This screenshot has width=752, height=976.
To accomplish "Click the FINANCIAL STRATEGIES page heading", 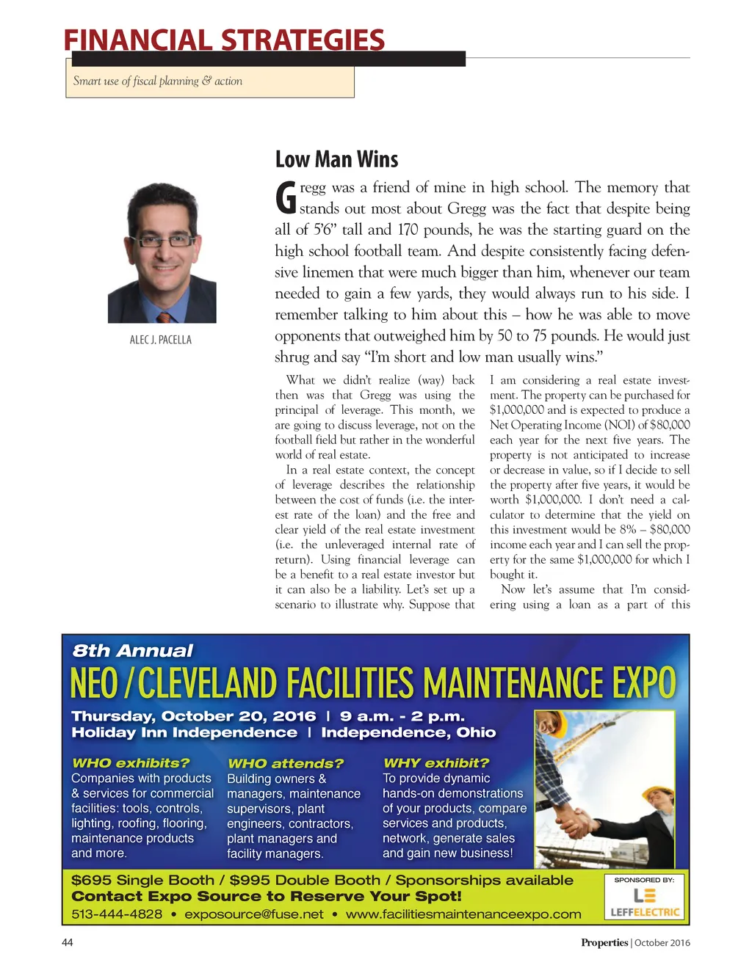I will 224,40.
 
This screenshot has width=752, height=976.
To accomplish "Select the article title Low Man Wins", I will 336,159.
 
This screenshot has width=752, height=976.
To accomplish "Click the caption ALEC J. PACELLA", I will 161,340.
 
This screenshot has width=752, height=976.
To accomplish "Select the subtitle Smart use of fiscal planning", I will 157,81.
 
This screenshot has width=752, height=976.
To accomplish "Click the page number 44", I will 68,942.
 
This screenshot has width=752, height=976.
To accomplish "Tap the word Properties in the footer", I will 604,942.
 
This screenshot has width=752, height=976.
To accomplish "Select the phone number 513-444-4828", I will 117,914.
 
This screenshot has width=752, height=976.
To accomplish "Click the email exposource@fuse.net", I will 254,914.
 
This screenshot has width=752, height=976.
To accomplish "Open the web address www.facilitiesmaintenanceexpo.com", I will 463,914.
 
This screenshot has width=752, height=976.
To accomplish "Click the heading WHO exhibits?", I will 131,763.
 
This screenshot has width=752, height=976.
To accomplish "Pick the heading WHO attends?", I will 286,763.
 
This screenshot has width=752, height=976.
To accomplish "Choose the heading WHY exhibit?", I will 436,763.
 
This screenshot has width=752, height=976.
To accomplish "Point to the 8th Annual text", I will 132,651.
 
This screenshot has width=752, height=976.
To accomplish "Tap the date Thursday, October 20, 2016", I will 194,716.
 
